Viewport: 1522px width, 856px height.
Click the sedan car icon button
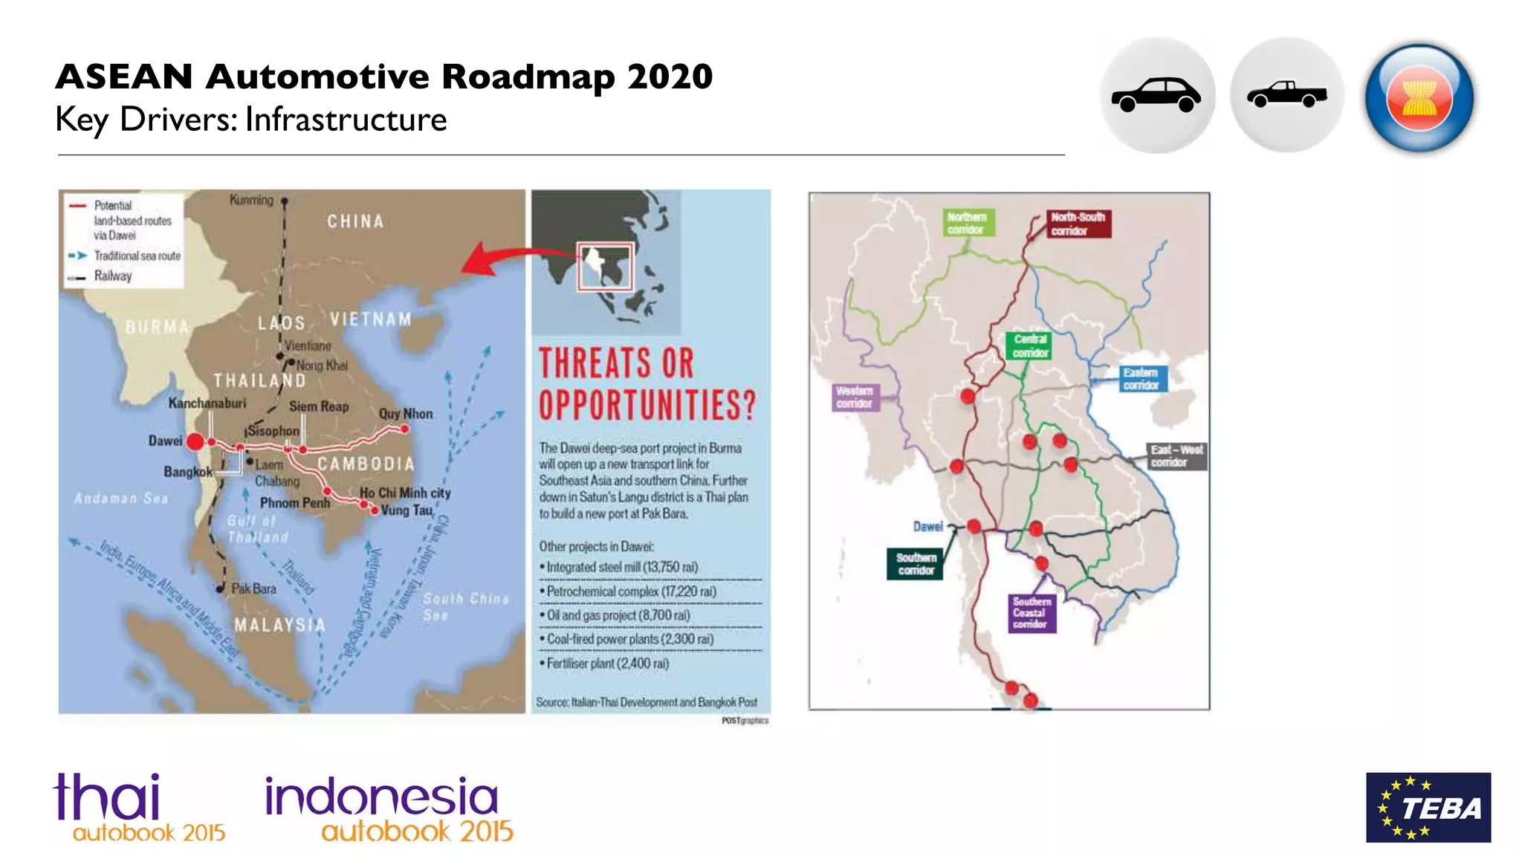coord(1156,96)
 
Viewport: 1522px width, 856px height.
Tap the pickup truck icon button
coord(1287,96)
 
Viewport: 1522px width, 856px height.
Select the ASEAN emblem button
coord(1419,97)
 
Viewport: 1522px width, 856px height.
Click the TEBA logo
coord(1428,807)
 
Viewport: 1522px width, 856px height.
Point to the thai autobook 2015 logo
coord(139,808)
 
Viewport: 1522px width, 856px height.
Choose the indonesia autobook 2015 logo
coord(388,808)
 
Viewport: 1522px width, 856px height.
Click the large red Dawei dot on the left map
coord(195,442)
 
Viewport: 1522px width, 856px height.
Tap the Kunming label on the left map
coord(251,200)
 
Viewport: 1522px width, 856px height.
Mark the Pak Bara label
coord(253,588)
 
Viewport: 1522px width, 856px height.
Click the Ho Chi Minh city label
coord(405,493)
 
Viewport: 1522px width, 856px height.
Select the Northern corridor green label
coord(966,223)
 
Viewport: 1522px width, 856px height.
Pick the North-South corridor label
coord(1078,223)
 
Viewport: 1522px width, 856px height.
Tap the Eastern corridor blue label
coord(1141,378)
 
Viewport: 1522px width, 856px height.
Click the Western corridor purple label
coord(855,397)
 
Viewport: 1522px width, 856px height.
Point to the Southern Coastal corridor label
coord(1032,613)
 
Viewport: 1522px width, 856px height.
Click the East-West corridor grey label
coord(1176,455)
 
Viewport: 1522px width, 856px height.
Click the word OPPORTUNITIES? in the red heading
coord(647,406)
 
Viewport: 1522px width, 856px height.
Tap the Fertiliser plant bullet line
coord(608,664)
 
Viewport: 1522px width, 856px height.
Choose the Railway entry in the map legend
coord(112,276)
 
